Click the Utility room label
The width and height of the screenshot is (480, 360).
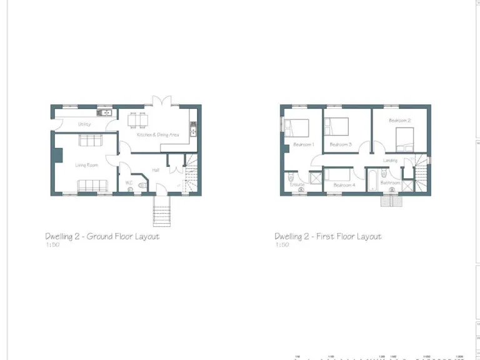pos(84,124)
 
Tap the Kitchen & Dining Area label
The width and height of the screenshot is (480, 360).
pos(158,134)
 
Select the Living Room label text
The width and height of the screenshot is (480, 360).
pos(87,165)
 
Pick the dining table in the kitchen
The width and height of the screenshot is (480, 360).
pos(137,119)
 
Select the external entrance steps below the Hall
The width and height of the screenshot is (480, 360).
pos(161,211)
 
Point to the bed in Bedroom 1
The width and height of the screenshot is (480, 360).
pos(296,127)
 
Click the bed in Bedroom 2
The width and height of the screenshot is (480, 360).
pos(404,137)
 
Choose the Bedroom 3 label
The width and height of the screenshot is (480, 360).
pos(341,145)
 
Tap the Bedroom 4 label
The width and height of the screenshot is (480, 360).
pos(344,185)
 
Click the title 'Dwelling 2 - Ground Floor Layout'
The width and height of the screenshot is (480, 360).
pos(102,237)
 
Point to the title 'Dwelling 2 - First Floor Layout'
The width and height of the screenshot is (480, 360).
pos(328,237)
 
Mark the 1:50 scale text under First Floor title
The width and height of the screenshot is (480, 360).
pos(282,245)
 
